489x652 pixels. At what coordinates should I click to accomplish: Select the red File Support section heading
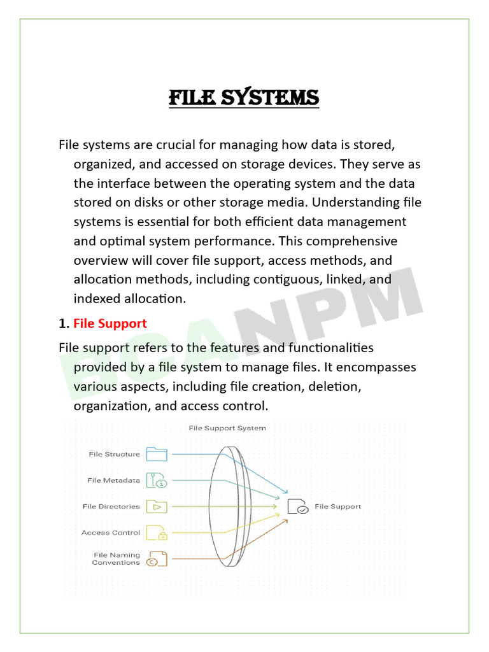point(110,323)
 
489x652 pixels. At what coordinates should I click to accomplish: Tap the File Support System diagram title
point(227,429)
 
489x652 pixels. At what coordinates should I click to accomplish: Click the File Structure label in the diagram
point(114,455)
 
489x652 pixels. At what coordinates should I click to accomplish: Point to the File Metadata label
point(113,481)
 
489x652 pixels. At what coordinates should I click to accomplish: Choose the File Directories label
point(111,507)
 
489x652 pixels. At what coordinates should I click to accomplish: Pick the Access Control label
point(110,533)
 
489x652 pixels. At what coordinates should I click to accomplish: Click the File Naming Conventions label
point(116,559)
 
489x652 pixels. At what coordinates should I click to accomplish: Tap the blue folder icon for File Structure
point(157,454)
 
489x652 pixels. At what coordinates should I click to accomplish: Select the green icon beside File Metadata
point(157,480)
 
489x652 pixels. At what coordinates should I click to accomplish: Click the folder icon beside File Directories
point(157,507)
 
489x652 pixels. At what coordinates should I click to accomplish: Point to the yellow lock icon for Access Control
point(157,532)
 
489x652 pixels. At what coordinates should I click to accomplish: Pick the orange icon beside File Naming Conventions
point(157,559)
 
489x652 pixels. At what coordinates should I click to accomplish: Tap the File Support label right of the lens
point(338,507)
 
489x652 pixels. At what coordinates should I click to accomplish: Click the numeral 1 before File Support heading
point(62,323)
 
